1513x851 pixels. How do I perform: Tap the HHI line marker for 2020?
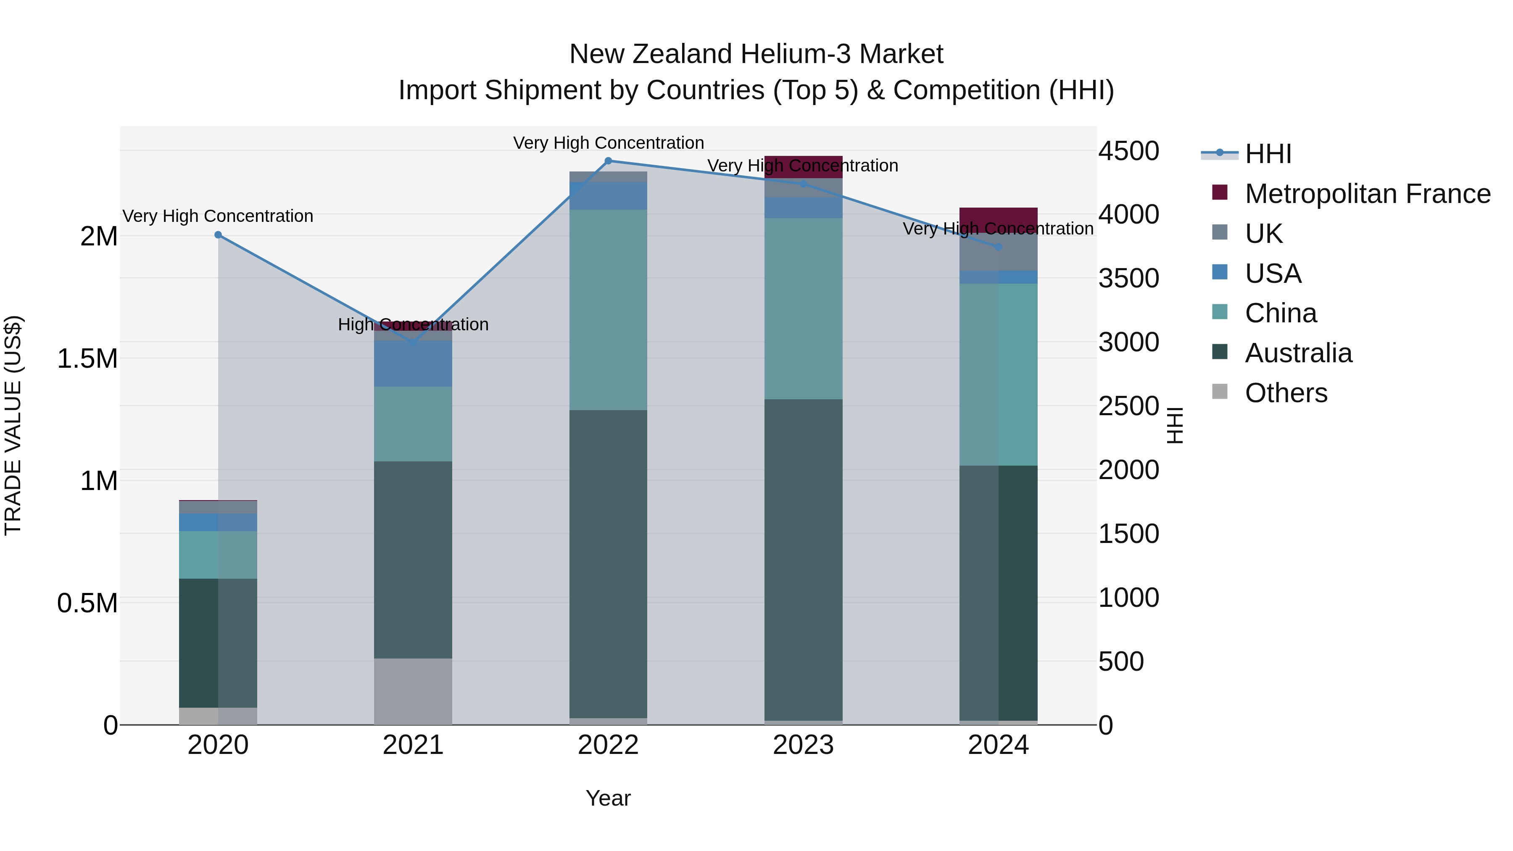click(218, 235)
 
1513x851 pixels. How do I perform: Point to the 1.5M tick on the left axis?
click(87, 358)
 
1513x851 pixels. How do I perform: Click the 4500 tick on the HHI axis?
click(1128, 151)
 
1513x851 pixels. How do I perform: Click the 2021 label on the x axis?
click(413, 745)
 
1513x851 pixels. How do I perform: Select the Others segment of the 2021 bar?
click(413, 691)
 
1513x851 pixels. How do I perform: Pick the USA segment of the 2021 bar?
click(413, 363)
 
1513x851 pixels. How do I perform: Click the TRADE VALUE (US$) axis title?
click(13, 425)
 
